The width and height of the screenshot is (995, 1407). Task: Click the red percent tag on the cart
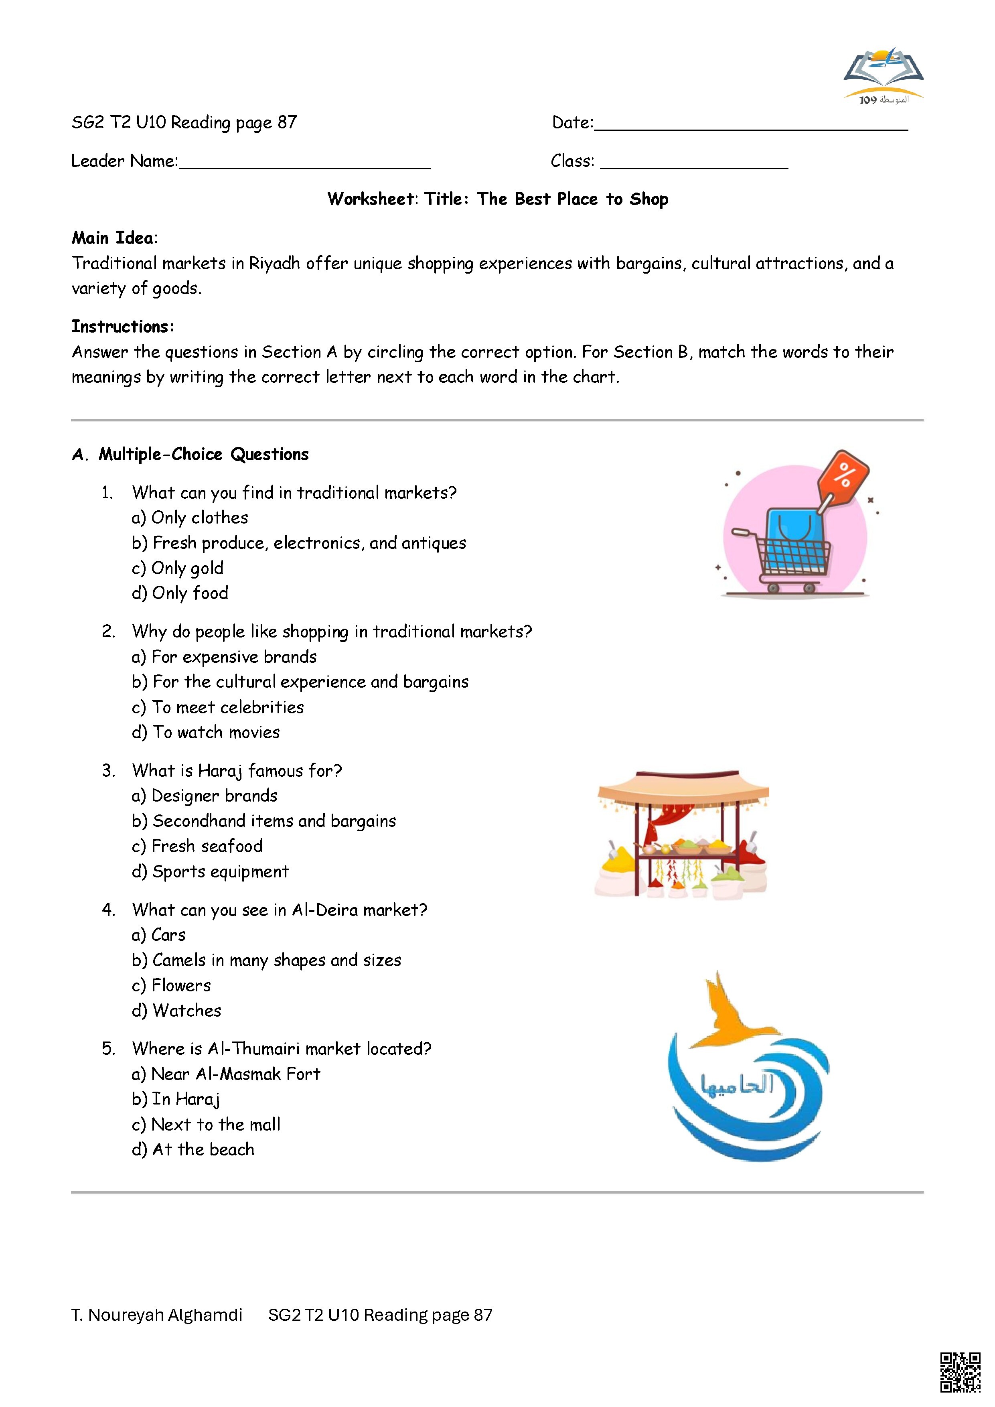[844, 476]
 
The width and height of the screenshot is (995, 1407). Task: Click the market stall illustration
[681, 834]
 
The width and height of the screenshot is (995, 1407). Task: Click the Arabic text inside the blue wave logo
[737, 1085]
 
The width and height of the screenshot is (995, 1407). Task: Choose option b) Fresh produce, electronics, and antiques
[299, 543]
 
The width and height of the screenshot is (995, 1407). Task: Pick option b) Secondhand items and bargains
[264, 821]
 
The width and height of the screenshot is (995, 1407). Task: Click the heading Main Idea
[113, 238]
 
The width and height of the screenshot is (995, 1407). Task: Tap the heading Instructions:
[123, 327]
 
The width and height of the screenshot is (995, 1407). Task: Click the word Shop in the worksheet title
[649, 199]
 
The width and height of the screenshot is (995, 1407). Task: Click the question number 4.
[108, 910]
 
